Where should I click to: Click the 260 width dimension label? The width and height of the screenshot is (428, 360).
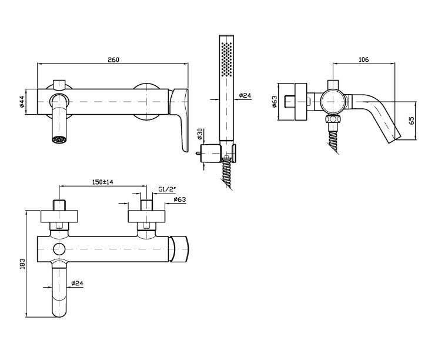(113, 59)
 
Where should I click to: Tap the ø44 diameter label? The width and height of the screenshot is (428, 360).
(22, 102)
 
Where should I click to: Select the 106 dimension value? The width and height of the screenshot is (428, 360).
(363, 59)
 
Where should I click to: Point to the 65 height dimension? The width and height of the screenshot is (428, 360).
(412, 121)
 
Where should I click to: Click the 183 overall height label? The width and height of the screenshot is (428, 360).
(22, 264)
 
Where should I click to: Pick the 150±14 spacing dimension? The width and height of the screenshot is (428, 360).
(103, 182)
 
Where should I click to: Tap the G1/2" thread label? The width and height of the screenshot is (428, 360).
(167, 189)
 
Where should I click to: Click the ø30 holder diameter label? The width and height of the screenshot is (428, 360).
(199, 134)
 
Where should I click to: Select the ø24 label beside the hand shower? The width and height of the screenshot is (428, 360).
(245, 95)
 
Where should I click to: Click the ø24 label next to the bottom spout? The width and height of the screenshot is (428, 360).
(77, 284)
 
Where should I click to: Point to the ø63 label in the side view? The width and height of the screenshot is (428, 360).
(275, 101)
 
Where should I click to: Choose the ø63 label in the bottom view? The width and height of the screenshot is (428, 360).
(180, 199)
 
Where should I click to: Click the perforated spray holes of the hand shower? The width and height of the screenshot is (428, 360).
(226, 59)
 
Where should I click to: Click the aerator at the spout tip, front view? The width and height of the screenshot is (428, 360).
(59, 139)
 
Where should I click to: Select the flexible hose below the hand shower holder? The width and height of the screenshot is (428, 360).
(226, 173)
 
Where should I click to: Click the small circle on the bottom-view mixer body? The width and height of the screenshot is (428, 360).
(59, 249)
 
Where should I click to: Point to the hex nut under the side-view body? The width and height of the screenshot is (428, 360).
(333, 119)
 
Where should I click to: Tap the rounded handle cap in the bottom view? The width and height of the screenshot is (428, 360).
(180, 249)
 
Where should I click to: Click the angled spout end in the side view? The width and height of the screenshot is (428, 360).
(394, 139)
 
